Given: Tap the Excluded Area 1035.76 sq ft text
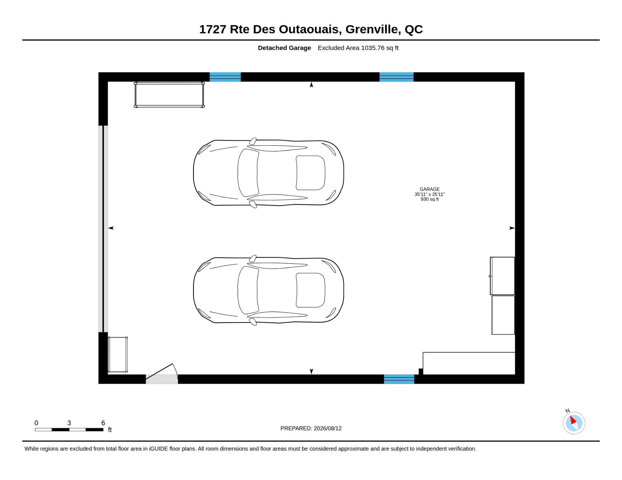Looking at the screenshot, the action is [358, 48].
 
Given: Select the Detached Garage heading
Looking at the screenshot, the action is [284, 48].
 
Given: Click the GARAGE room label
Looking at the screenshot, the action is [430, 189].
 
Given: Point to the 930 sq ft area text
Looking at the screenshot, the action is [430, 199].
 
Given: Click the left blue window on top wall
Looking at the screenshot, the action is [225, 77].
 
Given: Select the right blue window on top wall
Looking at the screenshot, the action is [397, 77].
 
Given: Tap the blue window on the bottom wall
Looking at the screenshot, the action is [399, 379].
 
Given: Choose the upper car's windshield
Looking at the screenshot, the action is [248, 173].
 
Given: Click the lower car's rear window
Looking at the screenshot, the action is [310, 290].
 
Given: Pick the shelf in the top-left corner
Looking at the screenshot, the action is [169, 95].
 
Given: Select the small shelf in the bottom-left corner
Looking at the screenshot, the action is [118, 354].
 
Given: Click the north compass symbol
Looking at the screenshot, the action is [574, 423].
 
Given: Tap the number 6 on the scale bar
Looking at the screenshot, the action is [103, 423].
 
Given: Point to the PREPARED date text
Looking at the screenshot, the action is [311, 428].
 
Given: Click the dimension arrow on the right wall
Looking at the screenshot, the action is [512, 228].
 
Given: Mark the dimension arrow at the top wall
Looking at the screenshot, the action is [311, 85].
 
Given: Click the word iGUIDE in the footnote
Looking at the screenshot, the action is [158, 449].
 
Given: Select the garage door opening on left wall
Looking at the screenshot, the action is [103, 229].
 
